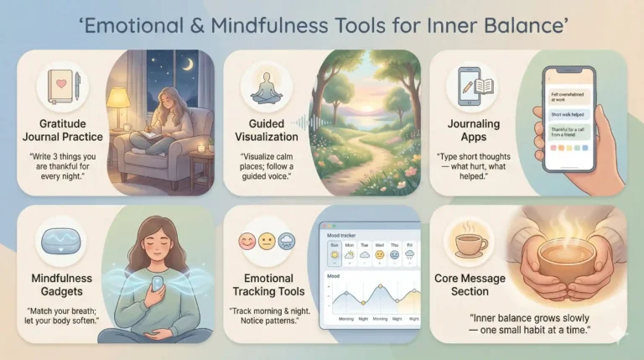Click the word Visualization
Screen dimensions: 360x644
266,136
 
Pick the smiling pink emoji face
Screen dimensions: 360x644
246,243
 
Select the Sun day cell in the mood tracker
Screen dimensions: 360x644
335,253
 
